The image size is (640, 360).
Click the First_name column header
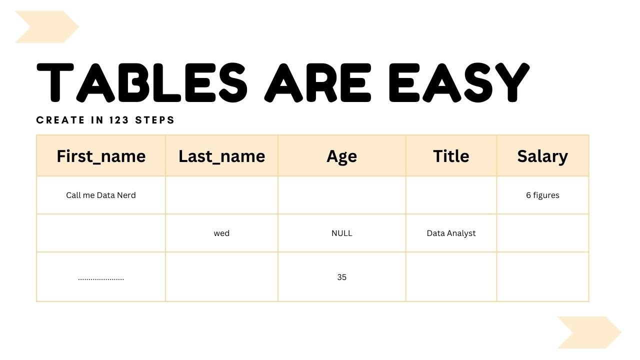[101, 156]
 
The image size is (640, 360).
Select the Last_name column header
[221, 156]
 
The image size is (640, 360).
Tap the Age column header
[341, 156]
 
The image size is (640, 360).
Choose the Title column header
[451, 156]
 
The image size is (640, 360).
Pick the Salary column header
[542, 156]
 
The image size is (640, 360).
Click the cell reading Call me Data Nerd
[101, 195]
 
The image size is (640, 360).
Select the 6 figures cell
[542, 195]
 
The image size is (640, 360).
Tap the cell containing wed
[221, 233]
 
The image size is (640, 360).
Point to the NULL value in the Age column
[341, 233]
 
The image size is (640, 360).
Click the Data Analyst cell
[451, 233]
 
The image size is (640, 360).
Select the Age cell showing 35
[341, 277]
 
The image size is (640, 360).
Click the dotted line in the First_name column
[101, 278]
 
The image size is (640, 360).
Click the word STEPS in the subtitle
[155, 120]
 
